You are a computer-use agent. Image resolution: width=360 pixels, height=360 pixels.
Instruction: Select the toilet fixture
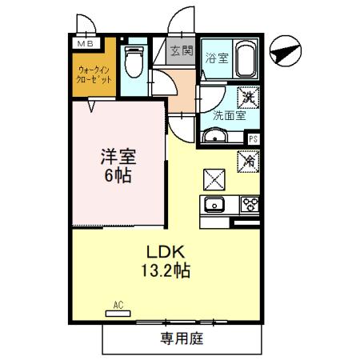[134, 62]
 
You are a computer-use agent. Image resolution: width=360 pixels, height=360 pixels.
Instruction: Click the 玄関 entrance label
[182, 51]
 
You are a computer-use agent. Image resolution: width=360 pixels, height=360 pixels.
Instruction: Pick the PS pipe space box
[253, 139]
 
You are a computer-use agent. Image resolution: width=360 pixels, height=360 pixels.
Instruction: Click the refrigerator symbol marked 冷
[248, 161]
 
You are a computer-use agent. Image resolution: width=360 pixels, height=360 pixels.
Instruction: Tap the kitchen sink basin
[215, 205]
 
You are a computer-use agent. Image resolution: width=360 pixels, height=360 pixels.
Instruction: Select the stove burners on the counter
[249, 204]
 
